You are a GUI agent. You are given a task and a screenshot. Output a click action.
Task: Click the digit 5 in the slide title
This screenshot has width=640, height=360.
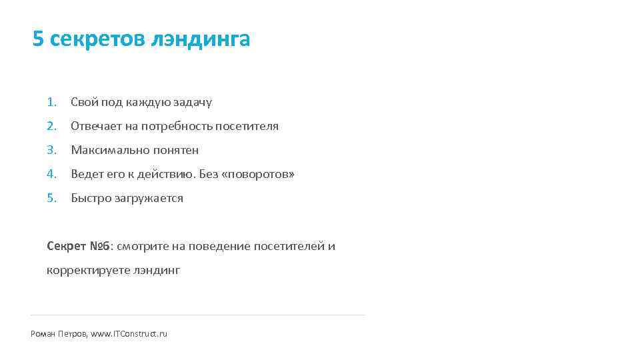[x=38, y=39]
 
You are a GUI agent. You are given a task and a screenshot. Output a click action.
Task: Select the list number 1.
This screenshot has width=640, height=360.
[x=51, y=102]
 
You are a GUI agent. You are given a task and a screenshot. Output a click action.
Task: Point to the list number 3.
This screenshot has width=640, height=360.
[x=51, y=150]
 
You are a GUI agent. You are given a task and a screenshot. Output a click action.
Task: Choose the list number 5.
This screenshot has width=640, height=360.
[x=51, y=198]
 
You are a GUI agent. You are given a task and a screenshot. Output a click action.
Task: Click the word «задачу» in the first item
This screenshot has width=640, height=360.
[x=193, y=103]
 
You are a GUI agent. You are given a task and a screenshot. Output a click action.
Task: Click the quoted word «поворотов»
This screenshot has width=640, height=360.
[x=257, y=174]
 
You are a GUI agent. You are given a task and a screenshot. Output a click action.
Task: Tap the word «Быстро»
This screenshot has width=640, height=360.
[x=89, y=198]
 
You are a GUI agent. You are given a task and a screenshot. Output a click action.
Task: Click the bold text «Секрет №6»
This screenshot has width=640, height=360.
[x=80, y=246]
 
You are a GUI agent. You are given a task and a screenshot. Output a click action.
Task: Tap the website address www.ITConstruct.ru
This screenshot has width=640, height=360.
[x=129, y=333]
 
